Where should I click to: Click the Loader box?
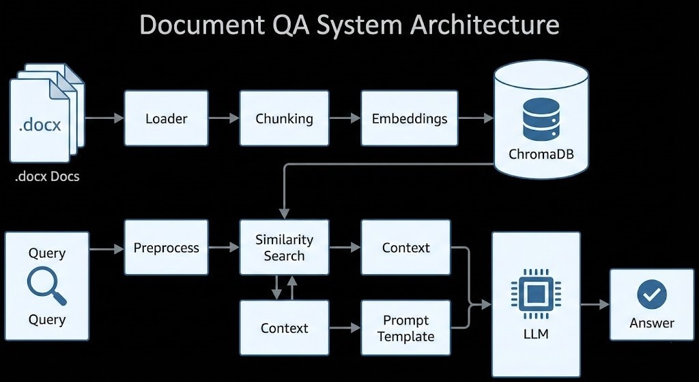click(167, 118)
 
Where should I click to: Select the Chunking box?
click(284, 118)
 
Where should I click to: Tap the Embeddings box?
click(410, 118)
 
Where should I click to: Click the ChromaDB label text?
click(541, 154)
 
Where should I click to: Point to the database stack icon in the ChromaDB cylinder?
click(541, 118)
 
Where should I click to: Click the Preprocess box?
click(167, 247)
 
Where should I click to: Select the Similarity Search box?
click(284, 247)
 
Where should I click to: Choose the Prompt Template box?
click(406, 328)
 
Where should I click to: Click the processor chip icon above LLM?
click(536, 295)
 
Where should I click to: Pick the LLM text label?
click(536, 335)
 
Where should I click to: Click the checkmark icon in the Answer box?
click(652, 295)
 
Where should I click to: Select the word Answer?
click(652, 323)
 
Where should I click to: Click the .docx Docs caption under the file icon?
click(47, 176)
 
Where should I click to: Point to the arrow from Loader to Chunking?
click(224, 118)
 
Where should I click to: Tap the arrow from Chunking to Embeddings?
click(345, 118)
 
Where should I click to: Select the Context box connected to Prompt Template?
click(284, 328)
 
